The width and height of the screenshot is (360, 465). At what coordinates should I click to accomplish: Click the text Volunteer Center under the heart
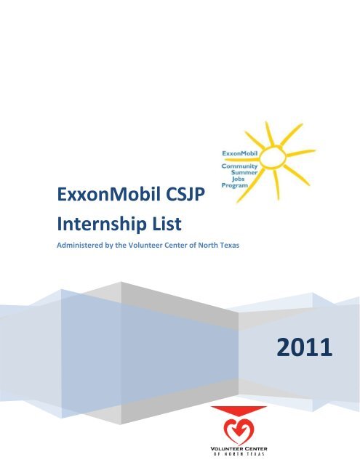[x=237, y=450]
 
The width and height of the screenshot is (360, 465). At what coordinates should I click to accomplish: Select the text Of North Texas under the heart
[x=237, y=457]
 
